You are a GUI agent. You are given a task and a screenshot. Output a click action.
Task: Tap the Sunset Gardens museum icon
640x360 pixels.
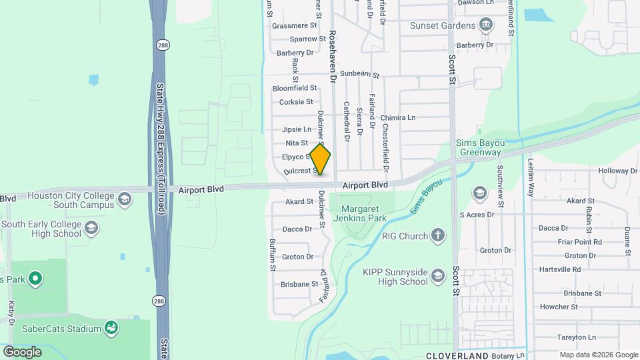coord(487,26)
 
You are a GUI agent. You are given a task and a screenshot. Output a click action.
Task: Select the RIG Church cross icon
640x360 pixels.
coord(437,236)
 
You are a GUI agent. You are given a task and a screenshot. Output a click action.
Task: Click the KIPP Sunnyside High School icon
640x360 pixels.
coord(437,276)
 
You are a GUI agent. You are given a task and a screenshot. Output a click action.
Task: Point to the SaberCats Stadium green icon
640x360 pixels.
coord(112,328)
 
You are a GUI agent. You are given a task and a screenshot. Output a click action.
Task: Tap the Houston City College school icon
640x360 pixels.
coord(124,200)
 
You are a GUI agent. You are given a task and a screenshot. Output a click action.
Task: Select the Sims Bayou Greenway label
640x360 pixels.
coord(478,147)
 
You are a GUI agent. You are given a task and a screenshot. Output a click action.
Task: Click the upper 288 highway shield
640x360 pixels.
coord(162,45)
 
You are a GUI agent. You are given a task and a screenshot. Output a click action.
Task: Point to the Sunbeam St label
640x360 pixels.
coord(359,75)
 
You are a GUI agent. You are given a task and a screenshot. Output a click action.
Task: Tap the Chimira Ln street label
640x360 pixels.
coord(397,117)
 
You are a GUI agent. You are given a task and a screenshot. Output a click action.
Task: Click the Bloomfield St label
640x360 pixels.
coord(295,88)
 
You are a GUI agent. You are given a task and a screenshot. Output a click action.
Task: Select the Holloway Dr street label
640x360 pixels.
coord(618,171)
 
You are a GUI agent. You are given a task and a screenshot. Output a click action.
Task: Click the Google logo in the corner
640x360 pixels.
coord(22,351)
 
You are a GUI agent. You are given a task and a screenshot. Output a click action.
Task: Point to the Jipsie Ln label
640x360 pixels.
coord(297,129)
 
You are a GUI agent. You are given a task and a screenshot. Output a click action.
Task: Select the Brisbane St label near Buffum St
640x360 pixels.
coord(299,284)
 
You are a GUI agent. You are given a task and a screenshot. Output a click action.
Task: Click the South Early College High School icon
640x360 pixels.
coord(91,229)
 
